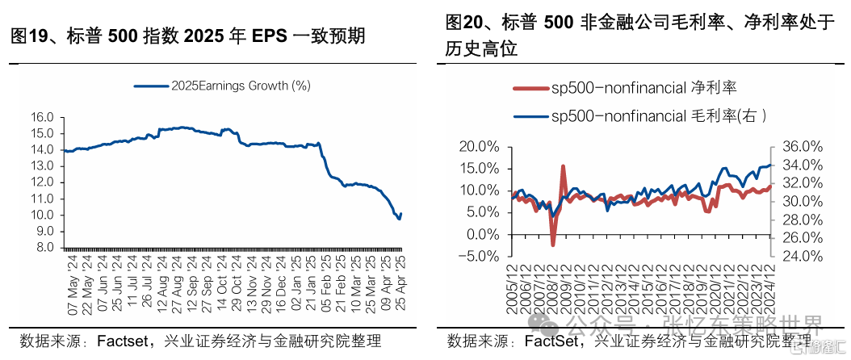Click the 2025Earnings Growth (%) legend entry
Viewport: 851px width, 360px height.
click(223, 85)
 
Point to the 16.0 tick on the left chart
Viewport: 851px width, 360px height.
click(42, 117)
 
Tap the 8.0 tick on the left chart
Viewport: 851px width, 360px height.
click(45, 248)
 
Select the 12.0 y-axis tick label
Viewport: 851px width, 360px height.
click(42, 182)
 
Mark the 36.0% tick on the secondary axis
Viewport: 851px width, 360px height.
click(802, 147)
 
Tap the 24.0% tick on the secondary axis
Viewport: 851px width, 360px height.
click(802, 257)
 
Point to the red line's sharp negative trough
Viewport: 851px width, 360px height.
click(553, 245)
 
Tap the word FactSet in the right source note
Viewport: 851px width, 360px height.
click(555, 341)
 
